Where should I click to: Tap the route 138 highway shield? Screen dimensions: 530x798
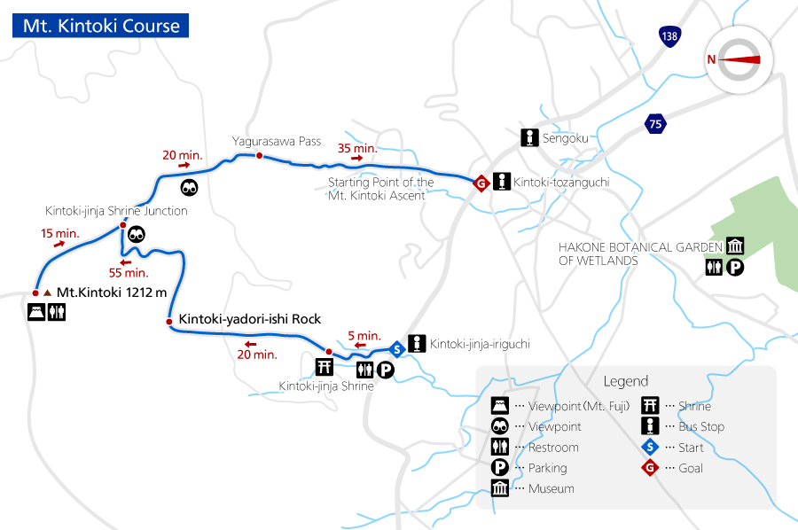pos(669,36)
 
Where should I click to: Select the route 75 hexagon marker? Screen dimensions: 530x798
pos(655,124)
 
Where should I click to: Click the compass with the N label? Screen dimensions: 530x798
pos(739,59)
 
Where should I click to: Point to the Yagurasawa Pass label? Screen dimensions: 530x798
pos(276,141)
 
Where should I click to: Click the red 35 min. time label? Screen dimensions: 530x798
pos(358,148)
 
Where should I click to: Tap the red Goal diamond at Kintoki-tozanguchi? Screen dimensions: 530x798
pos(480,183)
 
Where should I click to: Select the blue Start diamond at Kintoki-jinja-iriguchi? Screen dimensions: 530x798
pos(398,347)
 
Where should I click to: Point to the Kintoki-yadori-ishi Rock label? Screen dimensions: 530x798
pos(249,319)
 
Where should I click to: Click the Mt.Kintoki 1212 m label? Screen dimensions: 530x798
pos(111,292)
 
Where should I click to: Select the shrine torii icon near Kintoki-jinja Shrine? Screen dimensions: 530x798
pos(325,367)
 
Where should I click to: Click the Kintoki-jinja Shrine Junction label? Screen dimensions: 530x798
pos(116,211)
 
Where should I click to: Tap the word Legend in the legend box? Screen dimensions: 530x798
pos(626,381)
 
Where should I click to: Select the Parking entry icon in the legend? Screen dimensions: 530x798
pos(500,468)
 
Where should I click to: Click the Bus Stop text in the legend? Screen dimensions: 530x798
pos(701,426)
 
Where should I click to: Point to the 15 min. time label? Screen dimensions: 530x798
pos(59,234)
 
